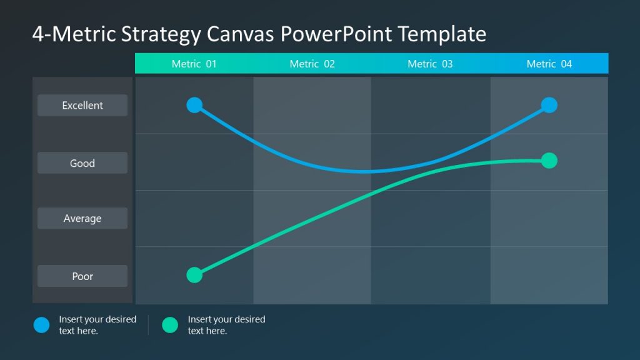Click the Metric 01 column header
click(194, 64)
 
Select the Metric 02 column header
click(312, 64)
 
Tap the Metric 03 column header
click(430, 64)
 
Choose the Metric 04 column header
click(549, 64)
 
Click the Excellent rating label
click(82, 106)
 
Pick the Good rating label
click(82, 163)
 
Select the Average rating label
click(82, 219)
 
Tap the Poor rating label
click(82, 276)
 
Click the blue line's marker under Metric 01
click(194, 105)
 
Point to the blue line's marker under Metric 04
click(549, 105)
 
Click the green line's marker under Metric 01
click(194, 275)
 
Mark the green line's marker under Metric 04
click(549, 161)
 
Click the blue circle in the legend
click(41, 325)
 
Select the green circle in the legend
click(170, 325)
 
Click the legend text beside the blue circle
click(97, 325)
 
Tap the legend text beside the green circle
click(226, 325)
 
